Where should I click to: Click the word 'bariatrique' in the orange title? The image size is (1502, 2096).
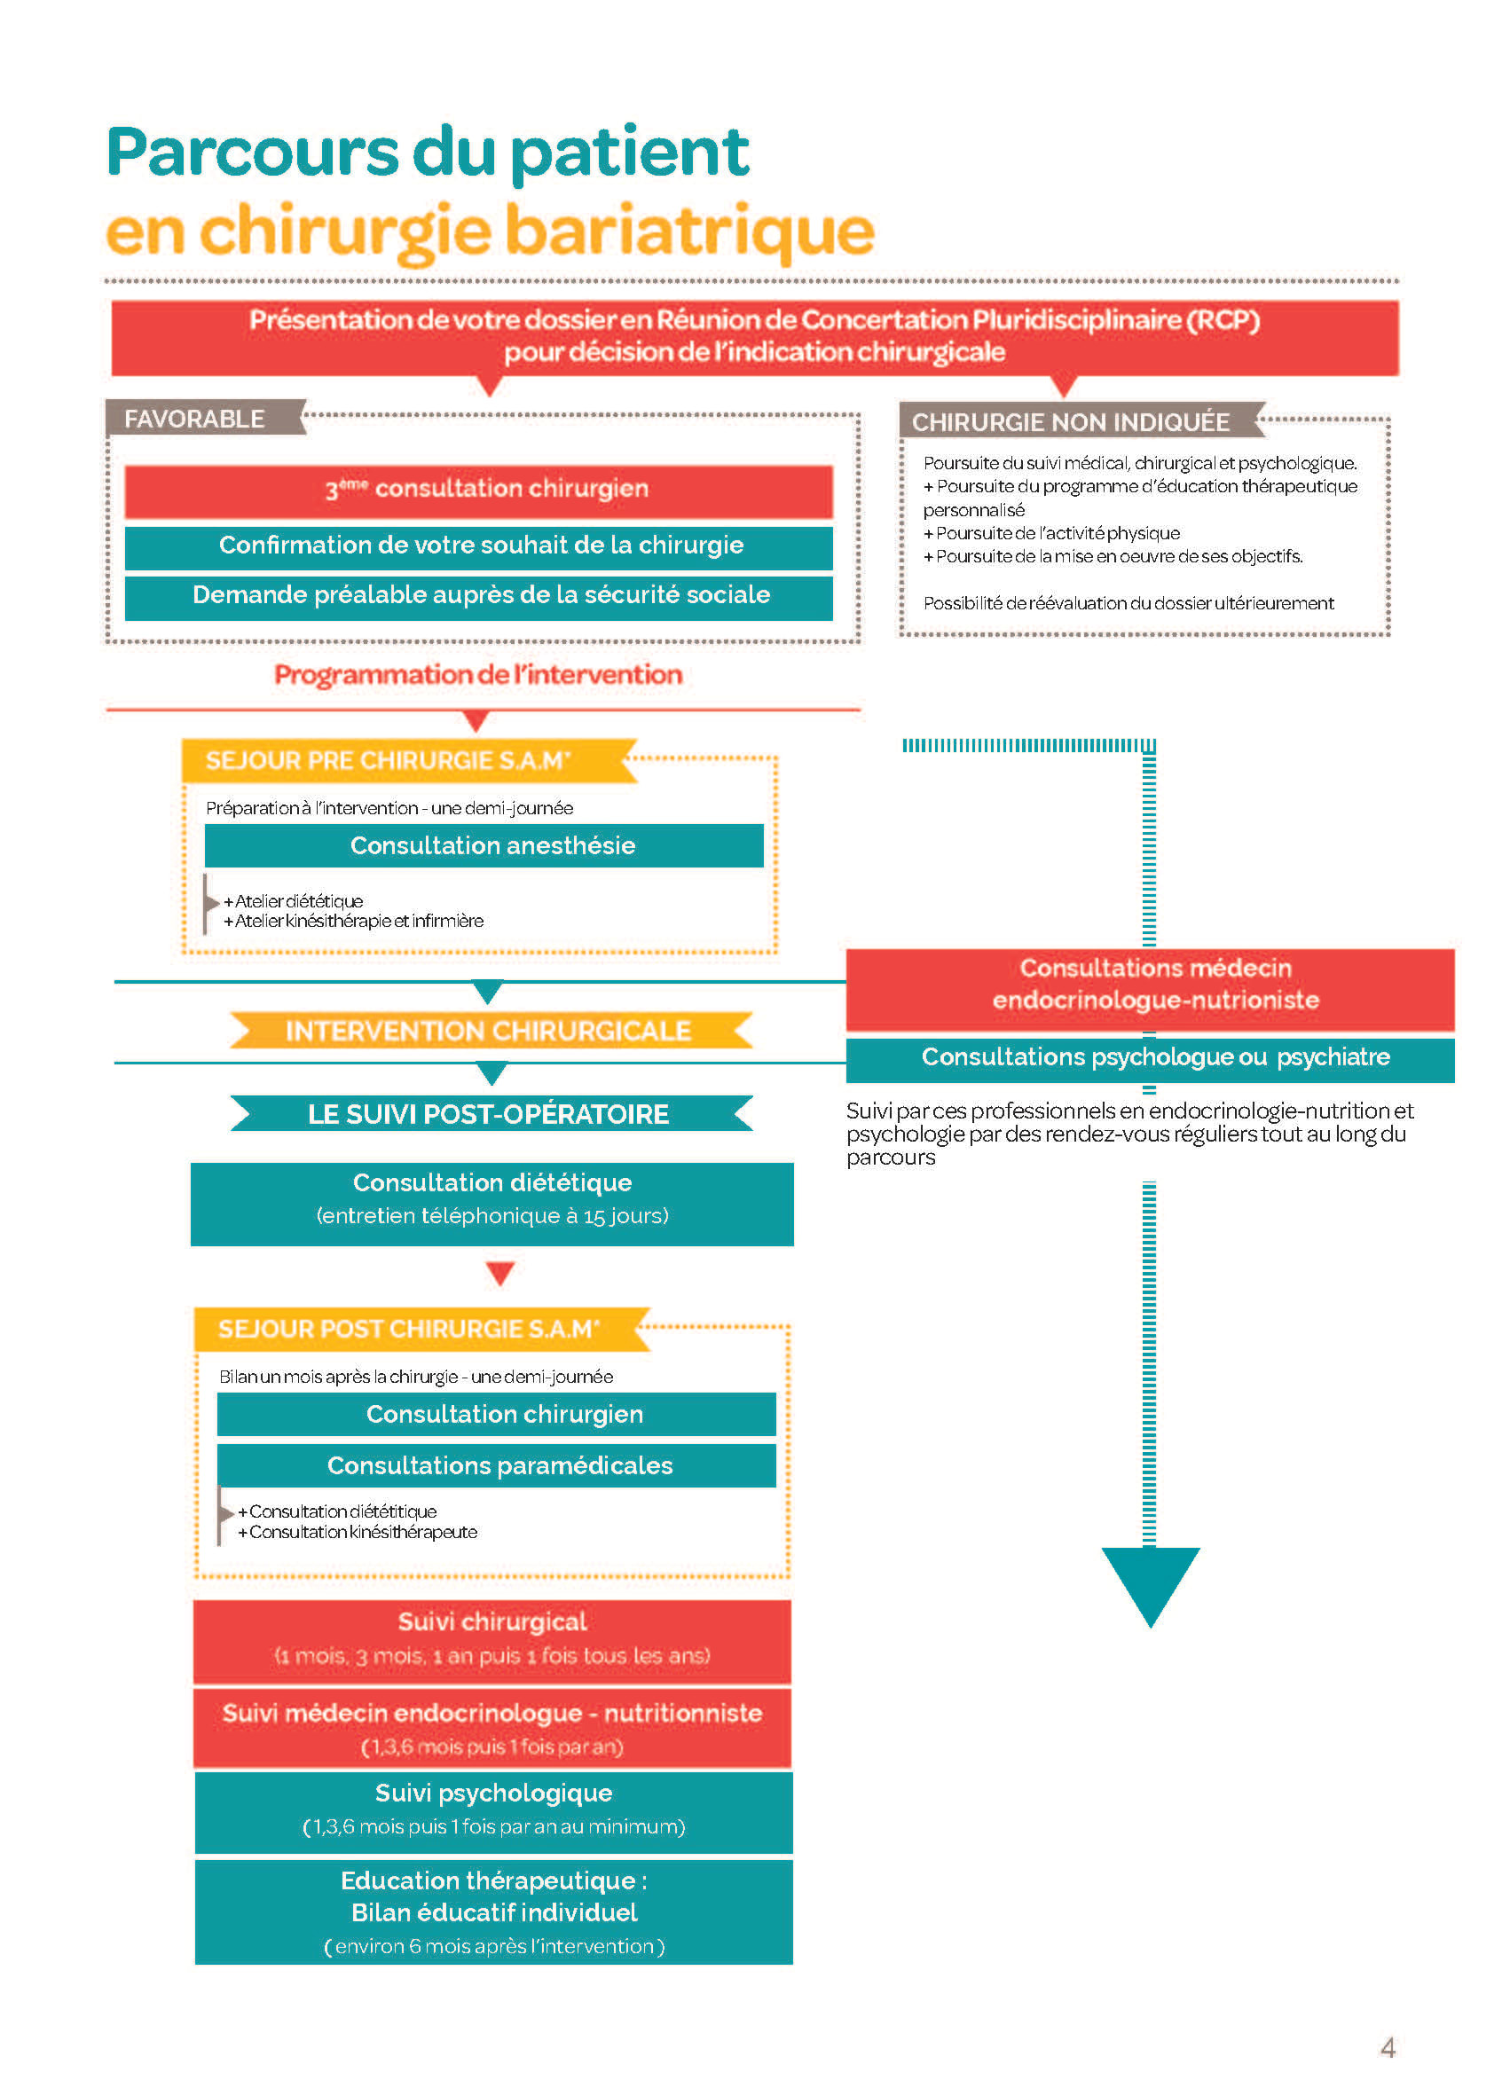688,231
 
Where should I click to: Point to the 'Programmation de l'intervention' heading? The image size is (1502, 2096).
478,675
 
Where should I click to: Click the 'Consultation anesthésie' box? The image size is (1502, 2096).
484,844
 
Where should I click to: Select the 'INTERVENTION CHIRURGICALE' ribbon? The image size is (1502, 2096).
489,1030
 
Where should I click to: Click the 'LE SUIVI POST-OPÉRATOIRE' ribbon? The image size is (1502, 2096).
489,1113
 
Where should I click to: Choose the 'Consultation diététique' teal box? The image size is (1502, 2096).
491,1199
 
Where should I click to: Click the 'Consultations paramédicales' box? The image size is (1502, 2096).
496,1464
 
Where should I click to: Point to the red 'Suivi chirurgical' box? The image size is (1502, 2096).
491,1637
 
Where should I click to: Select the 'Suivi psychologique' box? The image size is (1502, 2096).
493,1809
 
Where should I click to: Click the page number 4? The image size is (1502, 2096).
1387,2047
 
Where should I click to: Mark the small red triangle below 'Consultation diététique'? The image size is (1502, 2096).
499,1273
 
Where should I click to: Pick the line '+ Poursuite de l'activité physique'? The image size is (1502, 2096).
1052,533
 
